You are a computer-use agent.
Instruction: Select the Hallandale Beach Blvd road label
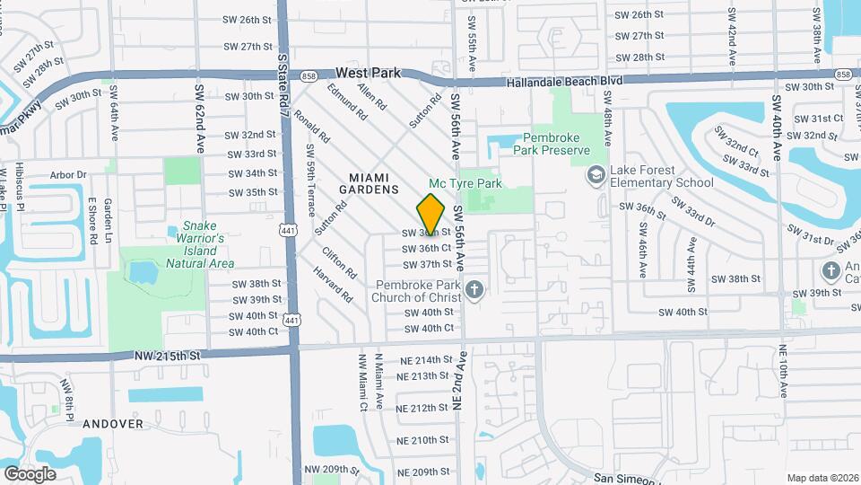(x=564, y=81)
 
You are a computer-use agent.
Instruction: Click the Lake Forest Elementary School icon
(x=593, y=174)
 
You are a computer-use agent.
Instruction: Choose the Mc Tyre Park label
(x=465, y=183)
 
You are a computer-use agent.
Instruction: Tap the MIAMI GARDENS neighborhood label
(x=369, y=183)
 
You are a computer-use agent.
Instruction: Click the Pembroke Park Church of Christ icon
(x=475, y=289)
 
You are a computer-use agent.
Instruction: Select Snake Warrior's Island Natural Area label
(x=201, y=244)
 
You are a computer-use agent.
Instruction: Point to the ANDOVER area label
(x=113, y=424)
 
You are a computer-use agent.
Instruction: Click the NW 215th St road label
(x=168, y=357)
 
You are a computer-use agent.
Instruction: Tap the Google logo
(x=30, y=473)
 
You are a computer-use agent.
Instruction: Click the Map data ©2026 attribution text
(x=822, y=478)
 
